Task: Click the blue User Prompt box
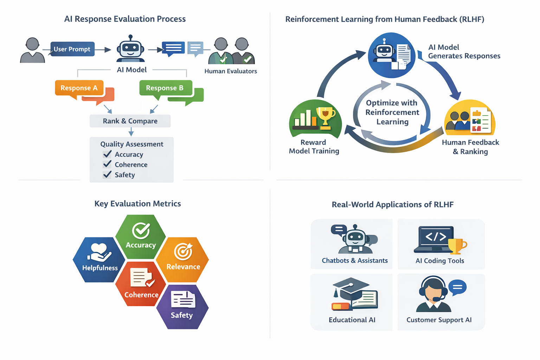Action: (x=72, y=49)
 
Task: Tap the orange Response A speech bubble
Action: (x=79, y=89)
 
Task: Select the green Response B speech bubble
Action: (x=166, y=89)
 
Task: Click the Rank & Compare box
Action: (x=130, y=121)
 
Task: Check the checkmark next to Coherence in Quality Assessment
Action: (x=107, y=164)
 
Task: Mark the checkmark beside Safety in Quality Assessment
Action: (x=107, y=174)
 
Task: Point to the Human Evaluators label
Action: (x=231, y=71)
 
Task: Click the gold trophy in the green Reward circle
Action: (x=326, y=118)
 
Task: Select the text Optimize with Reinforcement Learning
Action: (x=392, y=112)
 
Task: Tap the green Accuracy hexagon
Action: (x=141, y=237)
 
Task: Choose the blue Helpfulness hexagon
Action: (x=99, y=260)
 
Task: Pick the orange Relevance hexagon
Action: (x=183, y=260)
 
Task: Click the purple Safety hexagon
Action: (x=182, y=307)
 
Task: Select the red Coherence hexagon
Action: (x=141, y=284)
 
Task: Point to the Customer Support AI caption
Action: (x=439, y=320)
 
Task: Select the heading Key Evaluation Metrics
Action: (x=138, y=204)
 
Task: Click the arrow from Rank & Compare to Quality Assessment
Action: (x=131, y=132)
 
